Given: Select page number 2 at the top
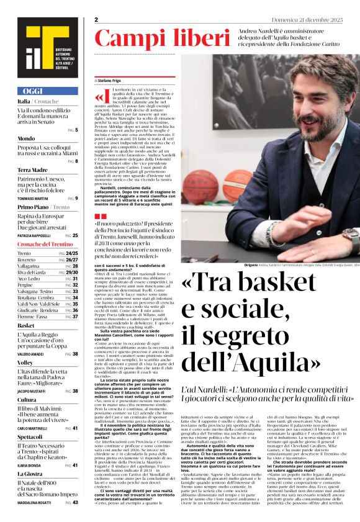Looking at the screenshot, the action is click(96, 20).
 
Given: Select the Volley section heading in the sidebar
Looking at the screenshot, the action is click(25, 362).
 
